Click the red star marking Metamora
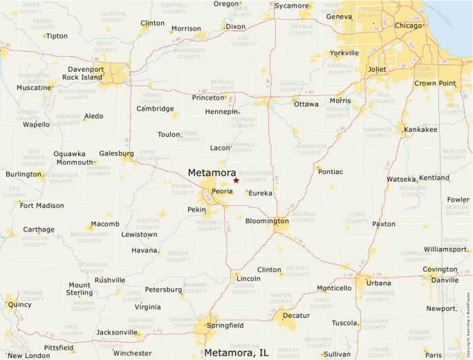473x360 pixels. (x=236, y=180)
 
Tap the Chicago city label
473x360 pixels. (x=408, y=26)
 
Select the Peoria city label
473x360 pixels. (x=222, y=191)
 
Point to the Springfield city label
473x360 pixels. (x=224, y=325)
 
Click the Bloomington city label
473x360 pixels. (x=267, y=221)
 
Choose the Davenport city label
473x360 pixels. (x=86, y=69)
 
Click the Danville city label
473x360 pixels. (x=445, y=280)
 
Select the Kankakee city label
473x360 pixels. (x=420, y=129)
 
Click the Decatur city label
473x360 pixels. (x=296, y=315)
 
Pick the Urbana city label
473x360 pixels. (x=378, y=283)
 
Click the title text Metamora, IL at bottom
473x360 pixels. (x=236, y=352)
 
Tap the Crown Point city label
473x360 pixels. (x=435, y=83)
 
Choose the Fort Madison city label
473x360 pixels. (x=41, y=205)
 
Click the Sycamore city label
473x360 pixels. (x=291, y=6)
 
